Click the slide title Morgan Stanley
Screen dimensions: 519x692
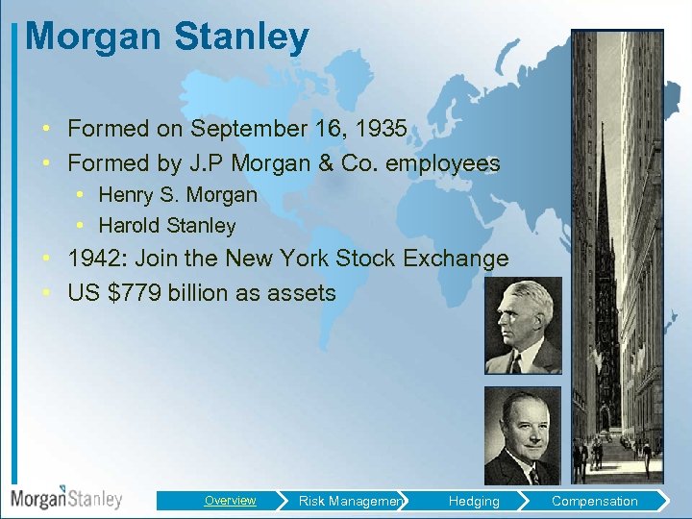pyautogui.click(x=167, y=37)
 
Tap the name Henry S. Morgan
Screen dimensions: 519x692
pyautogui.click(x=178, y=194)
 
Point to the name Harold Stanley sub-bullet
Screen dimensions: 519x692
pyautogui.click(x=167, y=226)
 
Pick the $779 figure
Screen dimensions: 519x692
pyautogui.click(x=135, y=293)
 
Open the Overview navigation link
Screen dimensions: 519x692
pyautogui.click(x=230, y=501)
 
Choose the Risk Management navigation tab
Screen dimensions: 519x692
pyautogui.click(x=352, y=501)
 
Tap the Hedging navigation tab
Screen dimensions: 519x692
pyautogui.click(x=474, y=501)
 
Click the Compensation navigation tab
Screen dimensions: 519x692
pyautogui.click(x=594, y=501)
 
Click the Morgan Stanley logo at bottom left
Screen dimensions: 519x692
pyautogui.click(x=67, y=498)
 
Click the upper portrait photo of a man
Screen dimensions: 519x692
pyautogui.click(x=523, y=326)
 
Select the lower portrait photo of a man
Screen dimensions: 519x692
pyautogui.click(x=523, y=436)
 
